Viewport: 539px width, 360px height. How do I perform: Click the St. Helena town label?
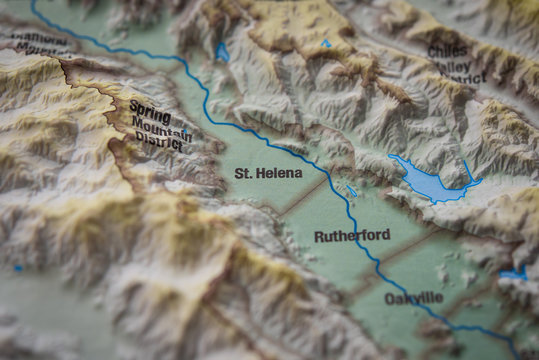tap(268, 173)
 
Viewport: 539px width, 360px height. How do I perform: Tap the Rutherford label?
tap(352, 236)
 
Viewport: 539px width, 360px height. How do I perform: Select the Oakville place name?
tap(413, 298)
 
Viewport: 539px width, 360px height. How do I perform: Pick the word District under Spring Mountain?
tap(160, 142)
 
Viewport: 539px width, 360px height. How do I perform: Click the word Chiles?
tap(447, 51)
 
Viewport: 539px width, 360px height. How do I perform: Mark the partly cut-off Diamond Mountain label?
tap(40, 44)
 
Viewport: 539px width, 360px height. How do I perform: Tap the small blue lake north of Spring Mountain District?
tap(222, 52)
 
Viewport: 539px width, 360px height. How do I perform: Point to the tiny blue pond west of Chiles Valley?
tap(326, 43)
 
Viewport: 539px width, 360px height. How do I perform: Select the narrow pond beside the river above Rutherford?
tap(351, 190)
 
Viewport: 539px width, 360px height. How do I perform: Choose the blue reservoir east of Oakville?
tap(514, 272)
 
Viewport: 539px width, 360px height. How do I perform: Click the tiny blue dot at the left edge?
tap(18, 268)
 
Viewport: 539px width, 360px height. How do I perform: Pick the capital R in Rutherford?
tap(319, 237)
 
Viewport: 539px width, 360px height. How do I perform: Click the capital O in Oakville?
tap(390, 298)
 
